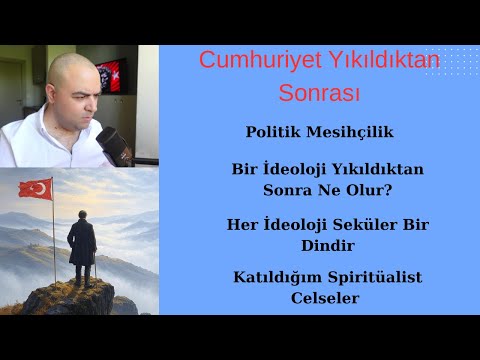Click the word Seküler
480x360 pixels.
(x=364, y=224)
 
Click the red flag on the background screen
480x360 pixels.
(x=112, y=73)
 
